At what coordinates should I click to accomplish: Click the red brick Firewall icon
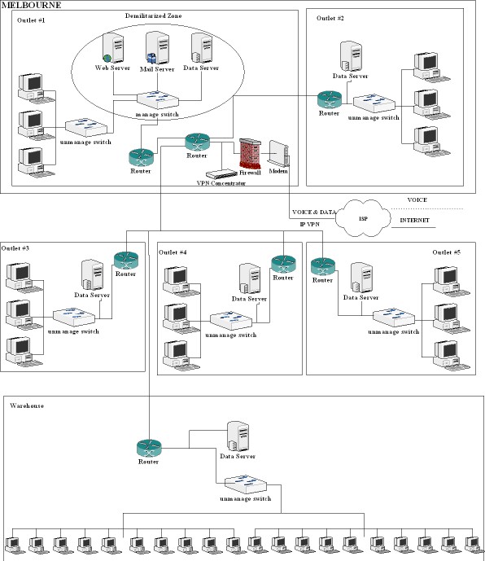[250, 153]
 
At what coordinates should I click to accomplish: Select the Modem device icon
[278, 154]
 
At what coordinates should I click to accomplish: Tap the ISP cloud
[363, 218]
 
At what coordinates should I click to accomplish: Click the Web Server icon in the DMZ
[113, 48]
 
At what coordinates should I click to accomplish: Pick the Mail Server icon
[157, 48]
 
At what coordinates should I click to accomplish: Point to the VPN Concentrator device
[221, 174]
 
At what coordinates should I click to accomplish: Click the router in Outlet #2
[330, 100]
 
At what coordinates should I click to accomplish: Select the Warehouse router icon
[149, 448]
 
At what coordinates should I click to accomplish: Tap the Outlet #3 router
[126, 261]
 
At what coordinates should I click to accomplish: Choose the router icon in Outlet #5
[323, 266]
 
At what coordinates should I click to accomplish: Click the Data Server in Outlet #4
[250, 279]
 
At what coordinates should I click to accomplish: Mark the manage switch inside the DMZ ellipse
[158, 100]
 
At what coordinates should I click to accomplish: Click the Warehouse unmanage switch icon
[246, 484]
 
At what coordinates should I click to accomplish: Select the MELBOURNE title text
[32, 5]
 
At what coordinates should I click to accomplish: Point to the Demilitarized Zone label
[154, 15]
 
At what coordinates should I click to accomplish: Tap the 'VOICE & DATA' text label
[314, 213]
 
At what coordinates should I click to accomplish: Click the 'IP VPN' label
[310, 225]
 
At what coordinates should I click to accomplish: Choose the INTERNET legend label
[414, 221]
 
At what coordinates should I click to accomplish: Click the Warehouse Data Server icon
[238, 436]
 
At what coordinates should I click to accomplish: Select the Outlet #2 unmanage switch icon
[374, 103]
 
